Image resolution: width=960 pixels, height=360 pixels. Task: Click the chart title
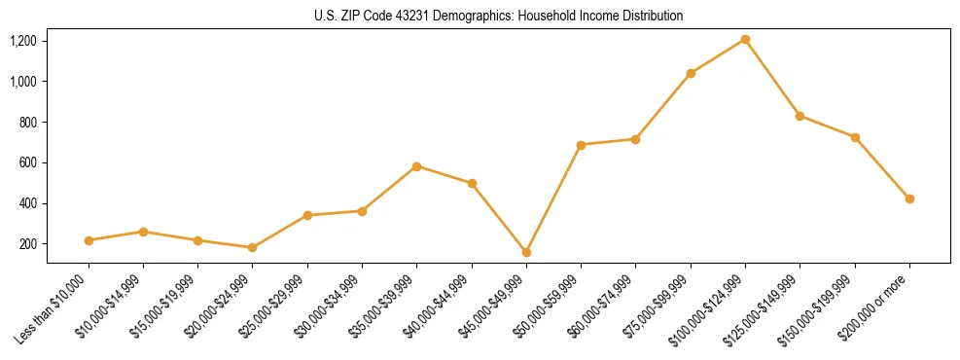498,16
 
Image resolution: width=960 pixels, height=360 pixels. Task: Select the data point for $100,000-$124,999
745,39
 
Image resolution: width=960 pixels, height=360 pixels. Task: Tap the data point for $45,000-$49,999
526,252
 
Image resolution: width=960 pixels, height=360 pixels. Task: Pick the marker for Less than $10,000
89,240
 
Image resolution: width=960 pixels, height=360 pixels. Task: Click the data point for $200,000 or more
909,198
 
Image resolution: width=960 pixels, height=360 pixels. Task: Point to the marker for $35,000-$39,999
416,166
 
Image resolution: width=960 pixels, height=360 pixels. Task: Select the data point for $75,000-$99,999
691,73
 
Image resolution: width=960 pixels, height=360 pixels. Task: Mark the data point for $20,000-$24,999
253,247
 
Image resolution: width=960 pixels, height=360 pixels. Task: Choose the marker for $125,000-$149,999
800,116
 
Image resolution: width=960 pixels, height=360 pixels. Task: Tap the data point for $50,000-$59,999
581,145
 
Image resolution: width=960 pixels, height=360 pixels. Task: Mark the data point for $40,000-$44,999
472,183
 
